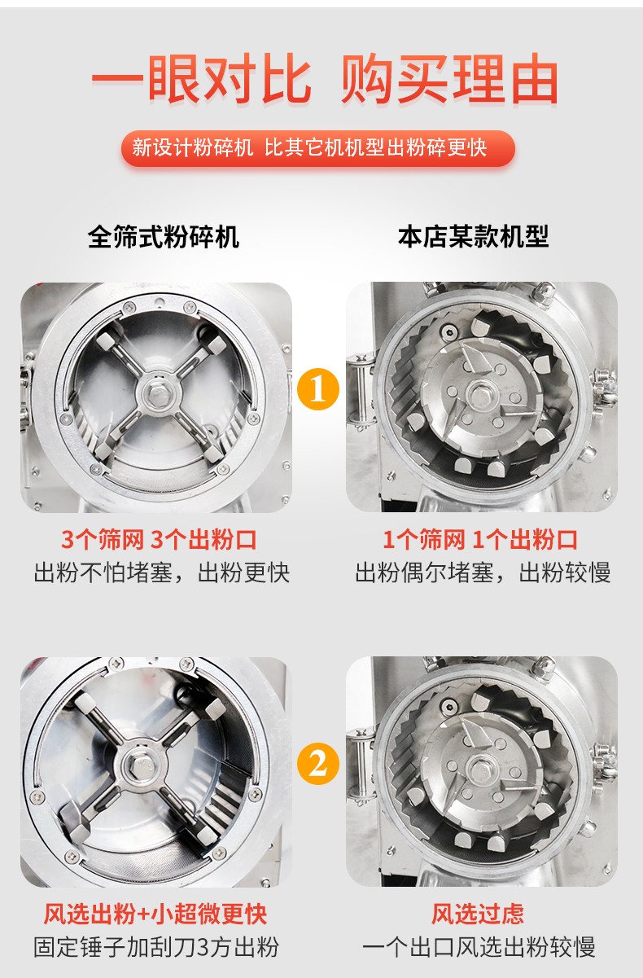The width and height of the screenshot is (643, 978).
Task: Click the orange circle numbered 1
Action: [x=317, y=389]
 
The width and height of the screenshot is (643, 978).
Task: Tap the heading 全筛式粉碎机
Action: [x=164, y=237]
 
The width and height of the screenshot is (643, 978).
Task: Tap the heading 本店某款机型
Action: [x=474, y=237]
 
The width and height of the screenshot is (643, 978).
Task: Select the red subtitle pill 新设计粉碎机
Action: [x=193, y=147]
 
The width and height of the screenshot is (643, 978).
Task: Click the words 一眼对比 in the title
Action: [x=202, y=80]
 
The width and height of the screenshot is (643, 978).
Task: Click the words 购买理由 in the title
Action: [x=449, y=80]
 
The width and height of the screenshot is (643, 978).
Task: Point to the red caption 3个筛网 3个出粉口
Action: [x=159, y=540]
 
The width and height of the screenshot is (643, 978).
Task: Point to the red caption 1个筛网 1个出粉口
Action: [x=480, y=540]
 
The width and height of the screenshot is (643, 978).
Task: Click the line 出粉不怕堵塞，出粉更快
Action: [x=162, y=572]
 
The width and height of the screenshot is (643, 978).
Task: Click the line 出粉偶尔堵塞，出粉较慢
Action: [x=483, y=572]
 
